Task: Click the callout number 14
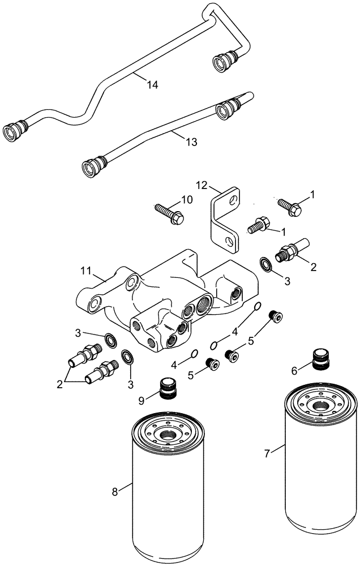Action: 151,84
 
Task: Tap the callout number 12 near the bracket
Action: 203,185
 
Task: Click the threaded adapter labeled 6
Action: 320,359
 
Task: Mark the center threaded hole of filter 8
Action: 169,436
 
